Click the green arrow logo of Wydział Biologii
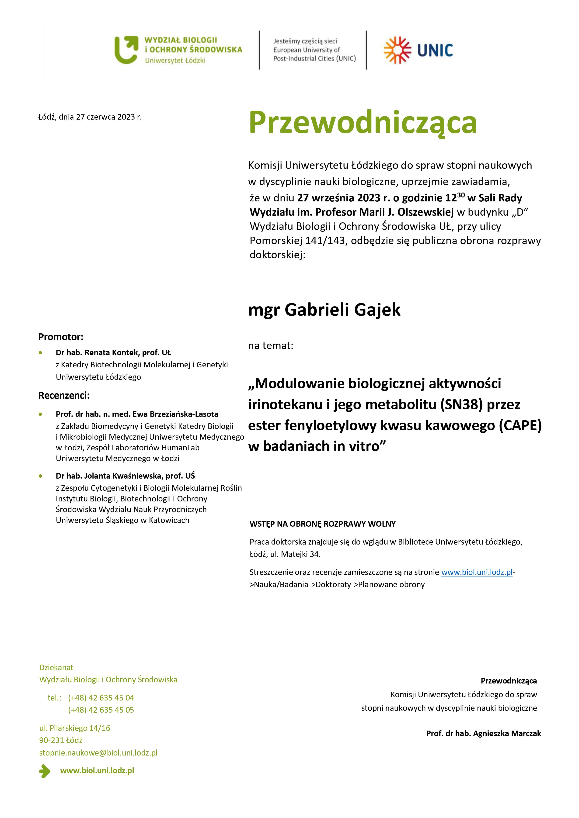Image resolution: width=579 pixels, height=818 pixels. (126, 49)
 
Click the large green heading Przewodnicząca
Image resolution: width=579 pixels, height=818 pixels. (363, 123)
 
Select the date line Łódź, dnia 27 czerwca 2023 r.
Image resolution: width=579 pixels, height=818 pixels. (90, 117)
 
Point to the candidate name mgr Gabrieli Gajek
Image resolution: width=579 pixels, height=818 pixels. (324, 309)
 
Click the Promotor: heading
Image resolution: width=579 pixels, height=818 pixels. (61, 337)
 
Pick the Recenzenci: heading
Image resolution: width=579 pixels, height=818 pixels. (64, 395)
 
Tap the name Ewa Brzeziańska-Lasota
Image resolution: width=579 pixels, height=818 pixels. (175, 414)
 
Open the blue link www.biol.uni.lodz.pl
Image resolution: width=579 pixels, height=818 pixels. (477, 572)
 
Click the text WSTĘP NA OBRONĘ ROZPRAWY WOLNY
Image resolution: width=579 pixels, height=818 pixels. (322, 524)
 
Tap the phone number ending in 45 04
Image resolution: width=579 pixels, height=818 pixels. (101, 697)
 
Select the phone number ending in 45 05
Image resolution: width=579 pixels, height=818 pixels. (101, 710)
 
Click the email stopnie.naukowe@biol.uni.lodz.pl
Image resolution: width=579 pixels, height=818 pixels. (98, 753)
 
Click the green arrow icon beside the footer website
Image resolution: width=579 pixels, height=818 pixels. (45, 771)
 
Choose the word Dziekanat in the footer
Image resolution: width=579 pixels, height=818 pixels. (56, 667)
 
